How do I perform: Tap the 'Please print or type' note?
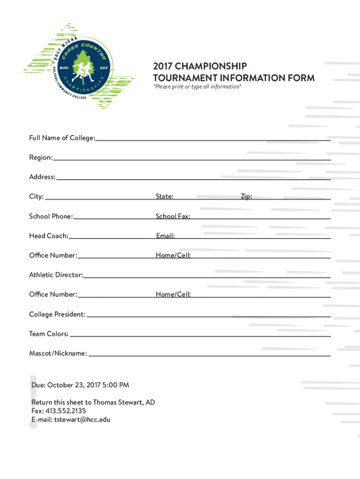pyautogui.click(x=197, y=87)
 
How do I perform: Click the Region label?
pyautogui.click(x=41, y=158)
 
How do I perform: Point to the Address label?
pyautogui.click(x=42, y=177)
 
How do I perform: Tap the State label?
pyautogui.click(x=165, y=197)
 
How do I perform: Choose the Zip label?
pyautogui.click(x=246, y=197)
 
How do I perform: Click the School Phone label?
pyautogui.click(x=51, y=217)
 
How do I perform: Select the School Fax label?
pyautogui.click(x=173, y=217)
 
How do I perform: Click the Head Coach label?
pyautogui.click(x=49, y=236)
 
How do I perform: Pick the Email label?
pyautogui.click(x=166, y=236)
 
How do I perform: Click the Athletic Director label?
pyautogui.click(x=56, y=275)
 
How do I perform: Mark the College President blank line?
pyautogui.click(x=209, y=316)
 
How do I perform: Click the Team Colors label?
pyautogui.click(x=49, y=334)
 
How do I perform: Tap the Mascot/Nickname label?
pyautogui.click(x=58, y=354)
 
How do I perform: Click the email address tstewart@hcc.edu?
pyautogui.click(x=82, y=420)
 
